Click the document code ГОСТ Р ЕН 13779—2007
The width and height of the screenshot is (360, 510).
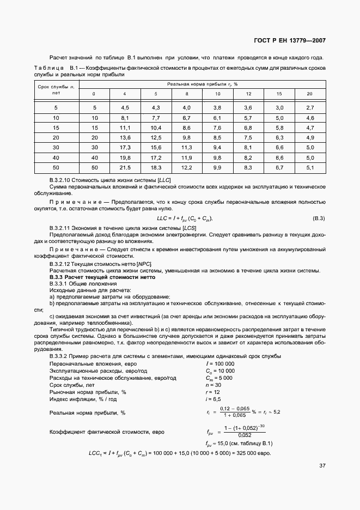pyautogui.click(x=290, y=41)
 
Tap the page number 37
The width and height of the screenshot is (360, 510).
pyautogui.click(x=322, y=466)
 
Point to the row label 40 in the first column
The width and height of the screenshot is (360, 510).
pyautogui.click(x=56, y=157)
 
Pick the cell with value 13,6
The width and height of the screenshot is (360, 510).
pyautogui.click(x=125, y=137)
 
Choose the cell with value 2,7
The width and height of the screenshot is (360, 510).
pyautogui.click(x=310, y=108)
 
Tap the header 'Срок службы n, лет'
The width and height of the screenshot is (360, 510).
pyautogui.click(x=56, y=89)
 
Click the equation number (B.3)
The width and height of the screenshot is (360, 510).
pyautogui.click(x=318, y=218)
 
